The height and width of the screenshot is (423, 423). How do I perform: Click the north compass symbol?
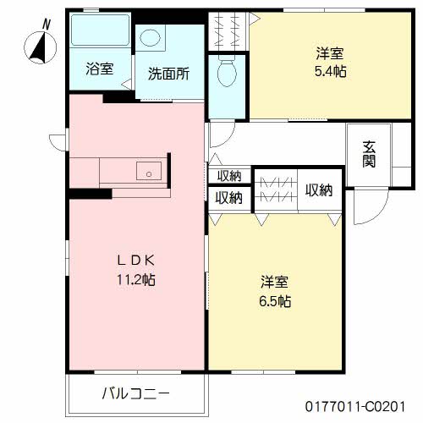coord(40,47)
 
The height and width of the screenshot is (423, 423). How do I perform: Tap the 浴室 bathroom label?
coord(100,69)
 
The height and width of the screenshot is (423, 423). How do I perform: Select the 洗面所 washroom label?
coord(168,74)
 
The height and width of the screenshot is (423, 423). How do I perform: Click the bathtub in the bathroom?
coord(100,30)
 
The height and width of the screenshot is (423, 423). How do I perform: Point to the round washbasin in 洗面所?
coord(150,38)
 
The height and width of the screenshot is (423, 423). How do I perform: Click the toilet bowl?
coord(227,72)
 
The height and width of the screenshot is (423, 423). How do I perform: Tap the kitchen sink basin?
coord(149,171)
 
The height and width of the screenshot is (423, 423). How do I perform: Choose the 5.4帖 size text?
coord(331,71)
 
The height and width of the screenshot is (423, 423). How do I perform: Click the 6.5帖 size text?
coord(275,301)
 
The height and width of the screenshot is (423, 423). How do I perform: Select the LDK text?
coord(136,261)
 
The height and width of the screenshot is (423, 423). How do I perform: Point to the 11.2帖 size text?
coord(136,280)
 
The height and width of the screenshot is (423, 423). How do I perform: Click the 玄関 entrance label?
coord(369,154)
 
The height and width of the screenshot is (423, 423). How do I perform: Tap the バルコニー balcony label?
coord(135,393)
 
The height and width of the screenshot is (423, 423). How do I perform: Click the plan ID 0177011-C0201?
coord(355,407)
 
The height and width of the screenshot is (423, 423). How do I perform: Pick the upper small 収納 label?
coord(229,176)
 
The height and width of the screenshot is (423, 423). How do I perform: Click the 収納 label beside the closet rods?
coord(319,190)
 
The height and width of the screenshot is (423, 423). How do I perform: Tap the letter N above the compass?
coord(47,24)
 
